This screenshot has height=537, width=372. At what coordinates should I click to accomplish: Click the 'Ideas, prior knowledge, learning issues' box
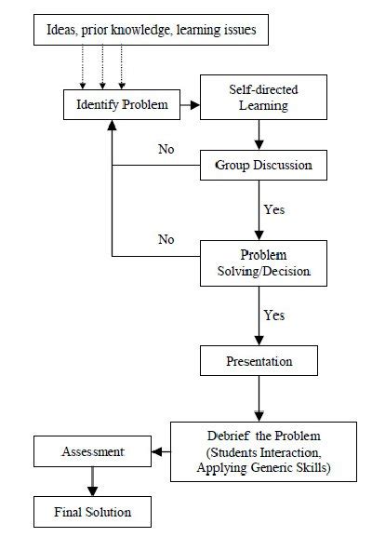151,34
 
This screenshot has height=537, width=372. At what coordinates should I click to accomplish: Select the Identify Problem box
121,104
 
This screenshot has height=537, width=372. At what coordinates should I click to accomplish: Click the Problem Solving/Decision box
262,262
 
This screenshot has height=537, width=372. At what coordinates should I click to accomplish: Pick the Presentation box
259,361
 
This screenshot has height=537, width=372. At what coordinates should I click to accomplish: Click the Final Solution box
91,511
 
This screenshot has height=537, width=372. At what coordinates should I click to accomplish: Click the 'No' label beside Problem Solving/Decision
166,239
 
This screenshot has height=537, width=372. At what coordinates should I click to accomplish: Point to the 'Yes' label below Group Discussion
274,210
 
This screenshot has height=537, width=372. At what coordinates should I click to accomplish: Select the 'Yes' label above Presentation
274,315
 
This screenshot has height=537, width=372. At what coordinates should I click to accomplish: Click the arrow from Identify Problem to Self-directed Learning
190,105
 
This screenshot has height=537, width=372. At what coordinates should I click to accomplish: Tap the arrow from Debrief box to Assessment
160,452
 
